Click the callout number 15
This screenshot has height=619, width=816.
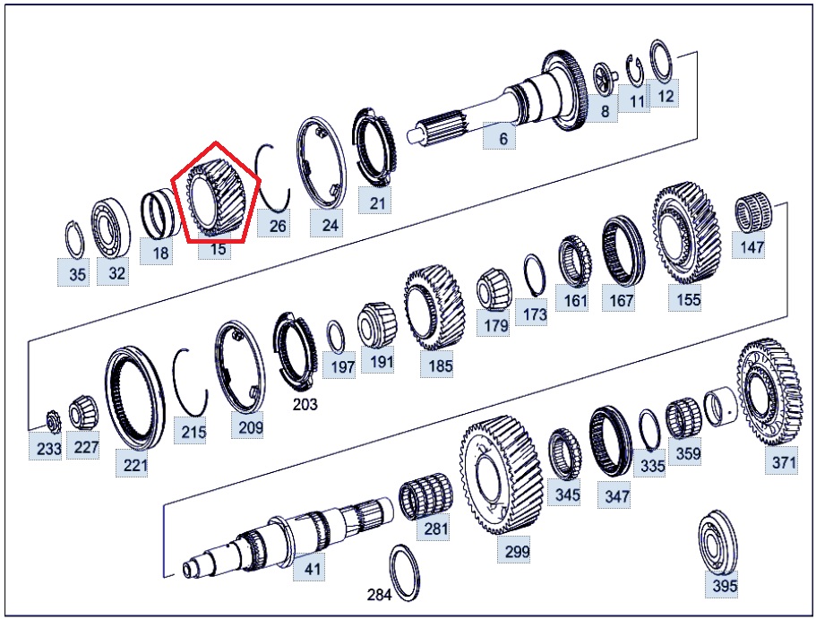coord(218,249)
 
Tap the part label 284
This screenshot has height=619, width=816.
coord(380,594)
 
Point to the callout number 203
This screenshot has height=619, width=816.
coord(305,403)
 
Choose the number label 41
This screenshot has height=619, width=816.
coord(312,568)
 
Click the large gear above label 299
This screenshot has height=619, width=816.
coord(501,474)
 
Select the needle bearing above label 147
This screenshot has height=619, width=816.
coord(753,214)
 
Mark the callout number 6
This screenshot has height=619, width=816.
coord(502,139)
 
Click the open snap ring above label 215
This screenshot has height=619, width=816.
coord(191,382)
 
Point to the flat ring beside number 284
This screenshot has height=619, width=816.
coord(406,572)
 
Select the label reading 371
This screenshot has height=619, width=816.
coord(784,461)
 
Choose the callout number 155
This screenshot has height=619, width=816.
coord(688,299)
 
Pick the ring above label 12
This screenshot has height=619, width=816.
coord(661,62)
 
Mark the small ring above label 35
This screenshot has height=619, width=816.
coord(75,239)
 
